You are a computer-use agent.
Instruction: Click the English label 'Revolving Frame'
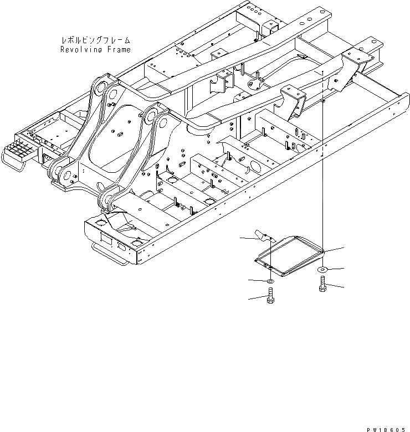tap(95, 49)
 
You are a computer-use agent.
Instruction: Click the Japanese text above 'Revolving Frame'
tap(95, 40)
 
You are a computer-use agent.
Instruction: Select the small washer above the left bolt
tap(269, 282)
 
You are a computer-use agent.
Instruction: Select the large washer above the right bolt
tap(322, 269)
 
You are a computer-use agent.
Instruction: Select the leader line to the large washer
tap(336, 269)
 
